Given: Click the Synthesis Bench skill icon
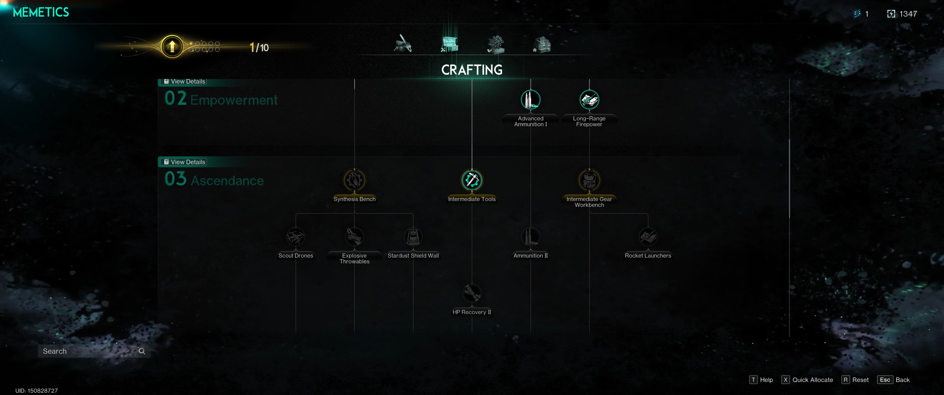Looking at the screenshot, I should (354, 180).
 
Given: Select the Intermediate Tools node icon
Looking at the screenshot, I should (472, 180).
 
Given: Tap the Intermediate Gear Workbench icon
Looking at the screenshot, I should (589, 180).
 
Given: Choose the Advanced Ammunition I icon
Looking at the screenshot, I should (530, 99).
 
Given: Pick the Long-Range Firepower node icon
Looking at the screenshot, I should (589, 99).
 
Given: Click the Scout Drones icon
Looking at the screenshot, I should (296, 237).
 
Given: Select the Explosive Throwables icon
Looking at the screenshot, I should (354, 237).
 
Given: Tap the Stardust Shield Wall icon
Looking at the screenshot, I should (413, 237).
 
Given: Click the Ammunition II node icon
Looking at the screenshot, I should (530, 237).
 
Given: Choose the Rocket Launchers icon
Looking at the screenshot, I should (648, 237).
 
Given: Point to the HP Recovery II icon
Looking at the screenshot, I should (472, 293).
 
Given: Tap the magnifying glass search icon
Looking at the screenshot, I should (142, 351).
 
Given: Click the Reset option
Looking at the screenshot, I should (855, 380).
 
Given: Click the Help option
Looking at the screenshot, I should (762, 380).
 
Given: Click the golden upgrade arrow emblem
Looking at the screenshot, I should (172, 47).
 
